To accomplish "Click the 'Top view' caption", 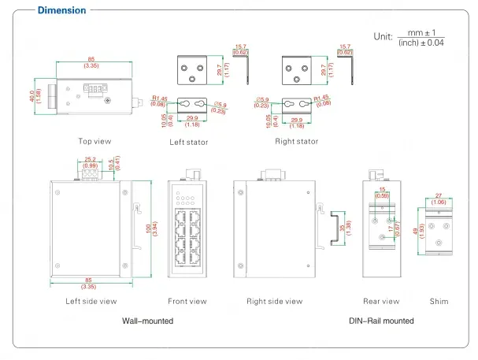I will pyautogui.click(x=94, y=142).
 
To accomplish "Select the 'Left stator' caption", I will pyautogui.click(x=189, y=143).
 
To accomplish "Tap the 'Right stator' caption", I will pyautogui.click(x=296, y=142).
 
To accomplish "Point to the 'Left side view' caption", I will pyautogui.click(x=91, y=301).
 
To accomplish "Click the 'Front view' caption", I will pyautogui.click(x=187, y=301).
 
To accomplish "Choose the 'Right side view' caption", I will pyautogui.click(x=274, y=301).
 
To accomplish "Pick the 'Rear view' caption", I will pyautogui.click(x=381, y=301).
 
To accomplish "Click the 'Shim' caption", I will pyautogui.click(x=439, y=301).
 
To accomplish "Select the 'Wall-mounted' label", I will pyautogui.click(x=147, y=321).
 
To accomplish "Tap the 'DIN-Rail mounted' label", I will pyautogui.click(x=381, y=321).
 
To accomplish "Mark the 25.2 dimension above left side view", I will pyautogui.click(x=91, y=161).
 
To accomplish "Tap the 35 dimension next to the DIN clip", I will pyautogui.click(x=341, y=228).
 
